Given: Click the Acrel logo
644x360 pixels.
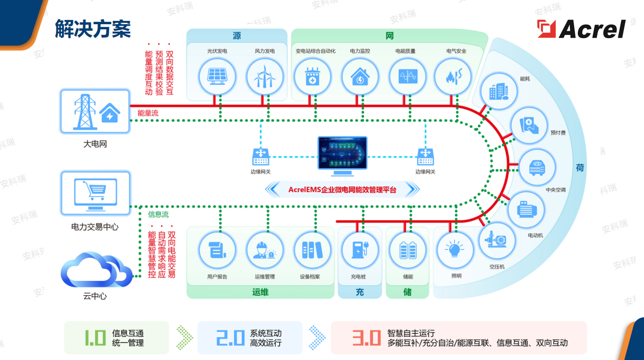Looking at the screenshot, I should [581, 29].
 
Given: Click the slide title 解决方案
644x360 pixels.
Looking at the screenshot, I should [92, 29].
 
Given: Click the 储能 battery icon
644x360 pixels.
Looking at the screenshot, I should [408, 250].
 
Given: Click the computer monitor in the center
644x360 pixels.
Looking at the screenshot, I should [343, 156].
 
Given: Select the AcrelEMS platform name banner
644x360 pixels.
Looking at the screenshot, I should [343, 190].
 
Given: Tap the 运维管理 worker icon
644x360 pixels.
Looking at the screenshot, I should [265, 250].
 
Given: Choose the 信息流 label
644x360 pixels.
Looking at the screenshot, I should [158, 214].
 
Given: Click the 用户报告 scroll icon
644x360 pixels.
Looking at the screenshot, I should [217, 250].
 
